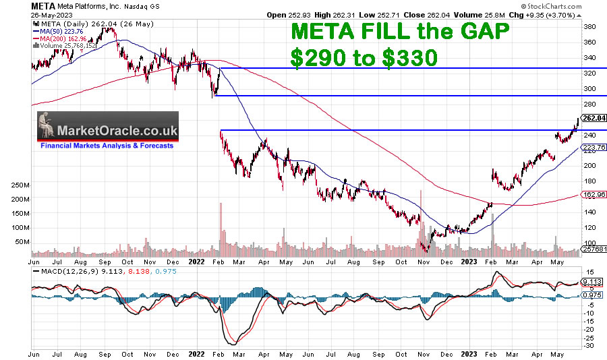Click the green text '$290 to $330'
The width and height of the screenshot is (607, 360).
click(x=364, y=58)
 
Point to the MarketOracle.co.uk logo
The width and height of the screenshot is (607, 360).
click(x=108, y=130)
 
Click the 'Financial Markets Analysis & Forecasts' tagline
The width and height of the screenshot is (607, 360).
click(x=107, y=146)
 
